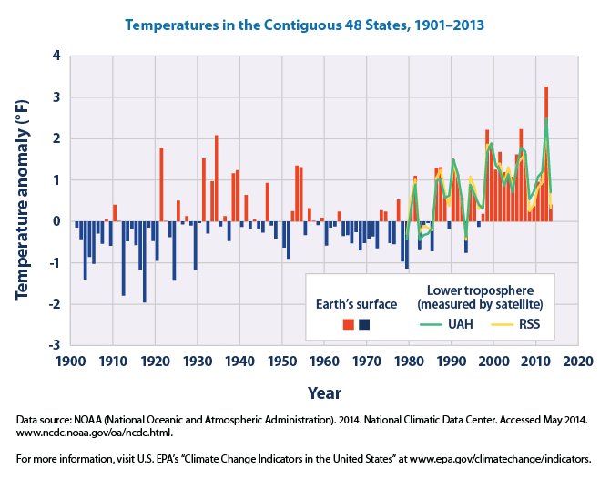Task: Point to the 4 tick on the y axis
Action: [x=57, y=56]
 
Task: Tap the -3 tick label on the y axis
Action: [x=55, y=345]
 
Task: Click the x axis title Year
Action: [x=324, y=392]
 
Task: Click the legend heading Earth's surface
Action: [x=356, y=303]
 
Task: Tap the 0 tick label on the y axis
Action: [x=57, y=221]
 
